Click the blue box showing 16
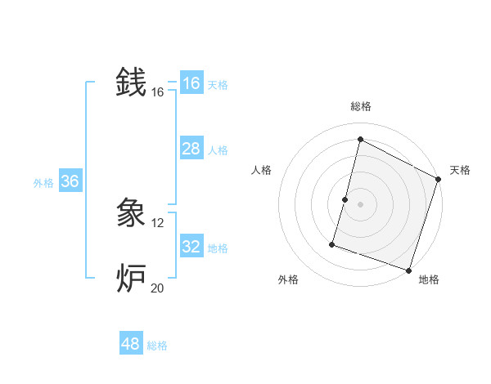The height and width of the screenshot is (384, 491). (x=191, y=83)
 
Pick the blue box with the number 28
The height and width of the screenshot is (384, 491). (x=191, y=148)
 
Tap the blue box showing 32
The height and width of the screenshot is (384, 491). (x=191, y=246)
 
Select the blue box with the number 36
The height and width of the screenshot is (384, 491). (x=70, y=181)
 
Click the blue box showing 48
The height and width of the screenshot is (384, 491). (x=131, y=344)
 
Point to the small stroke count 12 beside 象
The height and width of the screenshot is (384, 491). (x=158, y=222)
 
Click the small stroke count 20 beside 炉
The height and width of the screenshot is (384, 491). (x=158, y=288)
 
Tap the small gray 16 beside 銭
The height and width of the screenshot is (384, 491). (x=158, y=92)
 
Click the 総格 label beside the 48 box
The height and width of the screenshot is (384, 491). (x=157, y=346)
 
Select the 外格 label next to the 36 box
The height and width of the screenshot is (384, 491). (x=43, y=183)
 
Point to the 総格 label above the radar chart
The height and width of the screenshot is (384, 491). (x=361, y=106)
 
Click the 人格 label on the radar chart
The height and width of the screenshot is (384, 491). (x=262, y=170)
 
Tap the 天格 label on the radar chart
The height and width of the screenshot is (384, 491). (x=460, y=170)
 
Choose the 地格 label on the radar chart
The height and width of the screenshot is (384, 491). (x=429, y=279)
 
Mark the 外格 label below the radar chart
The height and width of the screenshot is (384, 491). (x=288, y=279)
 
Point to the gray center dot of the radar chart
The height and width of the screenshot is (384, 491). (x=360, y=203)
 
